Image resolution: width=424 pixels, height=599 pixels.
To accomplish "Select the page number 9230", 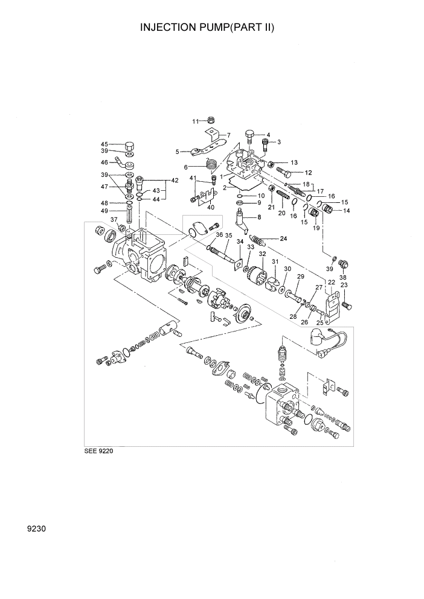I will pos(37,529).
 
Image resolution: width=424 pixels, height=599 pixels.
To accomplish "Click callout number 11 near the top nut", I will pos(195,121).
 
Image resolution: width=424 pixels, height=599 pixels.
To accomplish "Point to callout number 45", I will pos(104,144).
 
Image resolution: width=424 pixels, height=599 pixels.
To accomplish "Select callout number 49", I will pos(104,211).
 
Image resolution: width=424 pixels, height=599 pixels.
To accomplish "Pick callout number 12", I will pos(308,172).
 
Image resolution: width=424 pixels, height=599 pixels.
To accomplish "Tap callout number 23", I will pos(344,285).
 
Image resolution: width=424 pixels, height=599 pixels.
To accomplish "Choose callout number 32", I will pos(262,254).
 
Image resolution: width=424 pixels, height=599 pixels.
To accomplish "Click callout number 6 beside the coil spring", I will pos(187,167).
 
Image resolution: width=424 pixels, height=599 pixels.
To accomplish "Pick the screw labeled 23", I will pos(347,305).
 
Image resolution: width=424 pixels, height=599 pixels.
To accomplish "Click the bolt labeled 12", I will pos(286,173).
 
